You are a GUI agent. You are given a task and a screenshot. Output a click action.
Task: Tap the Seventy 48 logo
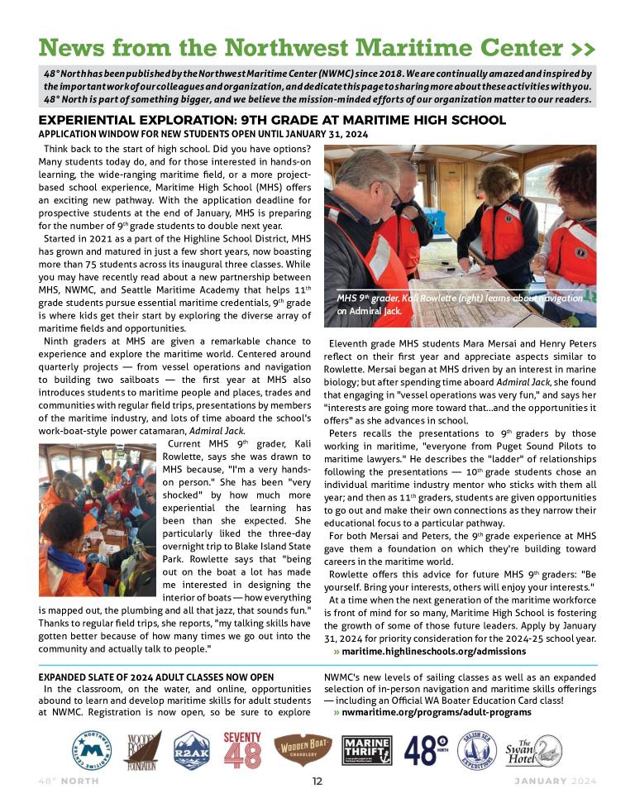click(241, 750)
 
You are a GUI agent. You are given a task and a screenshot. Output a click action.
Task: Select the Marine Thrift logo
click(366, 751)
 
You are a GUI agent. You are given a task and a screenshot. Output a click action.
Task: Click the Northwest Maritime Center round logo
click(92, 751)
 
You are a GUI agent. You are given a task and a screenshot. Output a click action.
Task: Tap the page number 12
click(317, 782)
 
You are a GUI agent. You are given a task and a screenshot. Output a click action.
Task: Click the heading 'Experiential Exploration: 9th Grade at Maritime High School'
click(272, 120)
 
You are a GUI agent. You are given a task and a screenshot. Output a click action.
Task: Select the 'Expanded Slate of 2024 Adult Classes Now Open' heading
click(156, 677)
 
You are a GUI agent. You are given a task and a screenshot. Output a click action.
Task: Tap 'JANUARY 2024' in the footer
click(554, 782)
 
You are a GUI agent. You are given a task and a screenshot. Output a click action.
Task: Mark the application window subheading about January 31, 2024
click(203, 134)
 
